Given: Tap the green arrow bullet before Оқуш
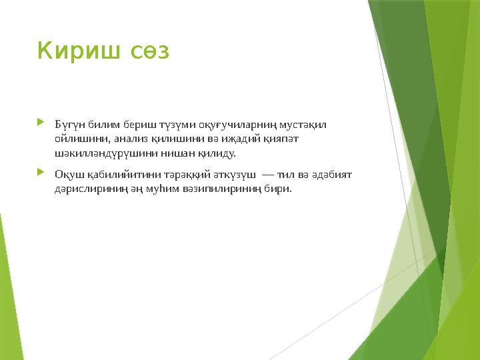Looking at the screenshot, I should pyautogui.click(x=41, y=173).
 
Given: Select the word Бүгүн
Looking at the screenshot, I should pyautogui.click(x=69, y=125).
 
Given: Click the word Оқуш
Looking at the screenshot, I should pyautogui.click(x=68, y=175).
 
